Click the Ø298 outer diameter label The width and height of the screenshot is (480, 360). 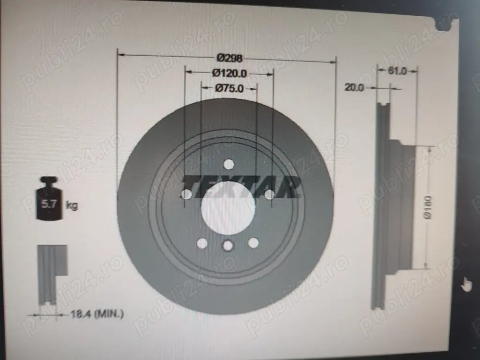(229, 58)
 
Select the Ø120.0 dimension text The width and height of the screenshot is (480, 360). (229, 73)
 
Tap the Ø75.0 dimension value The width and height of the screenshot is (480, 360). (229, 88)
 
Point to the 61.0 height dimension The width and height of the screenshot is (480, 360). (397, 71)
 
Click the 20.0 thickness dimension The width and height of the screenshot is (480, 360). (354, 87)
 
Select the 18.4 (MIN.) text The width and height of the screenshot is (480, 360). (97, 314)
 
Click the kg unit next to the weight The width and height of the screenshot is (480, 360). (72, 206)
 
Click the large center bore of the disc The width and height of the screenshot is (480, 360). (228, 207)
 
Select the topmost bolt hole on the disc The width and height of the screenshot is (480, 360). (228, 164)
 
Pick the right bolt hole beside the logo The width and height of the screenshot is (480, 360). (270, 194)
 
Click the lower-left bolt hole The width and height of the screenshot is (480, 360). (203, 243)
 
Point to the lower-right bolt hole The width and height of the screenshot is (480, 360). (253, 243)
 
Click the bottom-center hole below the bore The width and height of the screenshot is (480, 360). (228, 246)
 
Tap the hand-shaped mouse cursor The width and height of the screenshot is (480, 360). (466, 284)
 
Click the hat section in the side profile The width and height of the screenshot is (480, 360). (401, 206)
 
